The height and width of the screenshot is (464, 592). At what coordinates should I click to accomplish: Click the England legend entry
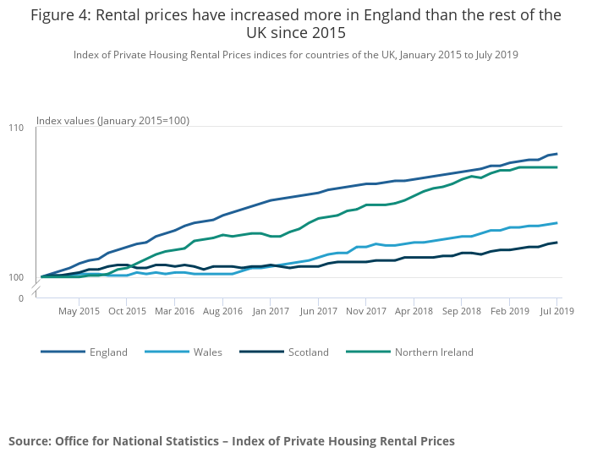108,352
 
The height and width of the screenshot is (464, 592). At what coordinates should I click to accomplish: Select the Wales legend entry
207,352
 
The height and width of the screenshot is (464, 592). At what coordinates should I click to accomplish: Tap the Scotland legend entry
308,352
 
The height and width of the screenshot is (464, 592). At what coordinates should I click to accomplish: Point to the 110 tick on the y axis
16,127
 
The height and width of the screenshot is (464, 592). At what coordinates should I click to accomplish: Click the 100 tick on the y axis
16,277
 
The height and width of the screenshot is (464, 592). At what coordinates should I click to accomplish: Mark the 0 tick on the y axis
21,298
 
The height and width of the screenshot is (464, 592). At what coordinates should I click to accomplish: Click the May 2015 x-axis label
79,311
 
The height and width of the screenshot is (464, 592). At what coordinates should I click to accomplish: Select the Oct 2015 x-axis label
127,311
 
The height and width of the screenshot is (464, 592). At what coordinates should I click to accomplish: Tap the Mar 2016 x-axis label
174,311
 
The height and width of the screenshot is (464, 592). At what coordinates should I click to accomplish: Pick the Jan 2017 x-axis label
271,311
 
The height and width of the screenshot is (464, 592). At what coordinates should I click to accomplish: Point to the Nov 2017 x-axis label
366,311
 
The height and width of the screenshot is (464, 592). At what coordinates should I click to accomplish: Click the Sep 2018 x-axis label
462,311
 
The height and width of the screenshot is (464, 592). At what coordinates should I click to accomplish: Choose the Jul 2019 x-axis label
558,311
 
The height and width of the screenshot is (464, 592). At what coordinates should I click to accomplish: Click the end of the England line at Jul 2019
557,154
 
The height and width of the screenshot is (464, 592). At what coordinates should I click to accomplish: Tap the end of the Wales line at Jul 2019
557,223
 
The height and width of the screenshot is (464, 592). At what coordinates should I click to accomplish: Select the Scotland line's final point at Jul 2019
557,243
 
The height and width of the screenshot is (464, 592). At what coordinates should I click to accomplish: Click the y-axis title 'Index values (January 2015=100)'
112,121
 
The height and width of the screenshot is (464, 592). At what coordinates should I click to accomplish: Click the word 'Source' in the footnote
29,441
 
